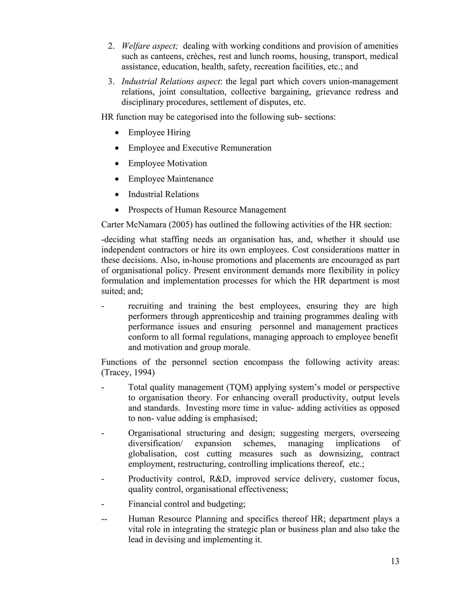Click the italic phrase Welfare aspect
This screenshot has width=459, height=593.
click(x=149, y=46)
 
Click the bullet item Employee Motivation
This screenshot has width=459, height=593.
click(x=167, y=163)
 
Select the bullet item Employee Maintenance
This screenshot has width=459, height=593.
click(x=171, y=179)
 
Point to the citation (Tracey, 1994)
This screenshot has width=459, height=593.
click(x=128, y=373)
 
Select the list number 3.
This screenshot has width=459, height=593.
click(x=111, y=81)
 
